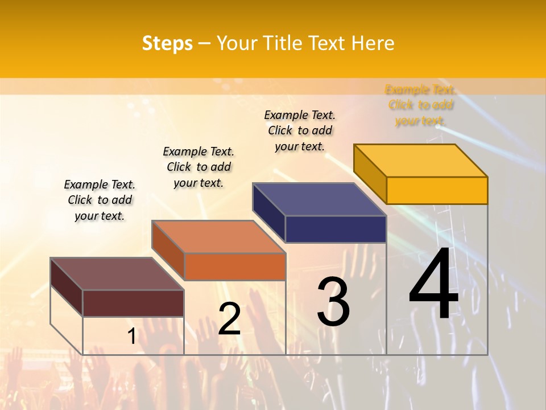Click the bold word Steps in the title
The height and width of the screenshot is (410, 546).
pyautogui.click(x=167, y=43)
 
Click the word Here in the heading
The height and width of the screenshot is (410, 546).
pyautogui.click(x=373, y=43)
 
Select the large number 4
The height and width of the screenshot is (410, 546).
pyautogui.click(x=433, y=285)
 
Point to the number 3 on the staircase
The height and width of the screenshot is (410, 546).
pyautogui.click(x=333, y=302)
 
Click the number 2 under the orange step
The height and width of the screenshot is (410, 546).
pyautogui.click(x=229, y=319)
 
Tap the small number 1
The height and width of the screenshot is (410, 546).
pyautogui.click(x=131, y=337)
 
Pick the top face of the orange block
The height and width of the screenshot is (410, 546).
pyautogui.click(x=218, y=237)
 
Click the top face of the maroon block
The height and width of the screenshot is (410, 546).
pyautogui.click(x=117, y=274)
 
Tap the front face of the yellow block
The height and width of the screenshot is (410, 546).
pyautogui.click(x=437, y=190)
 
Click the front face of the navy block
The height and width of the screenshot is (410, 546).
pyautogui.click(x=336, y=229)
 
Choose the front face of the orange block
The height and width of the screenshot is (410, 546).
pyautogui.click(x=234, y=266)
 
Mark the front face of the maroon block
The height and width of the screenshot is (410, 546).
pyautogui.click(x=133, y=303)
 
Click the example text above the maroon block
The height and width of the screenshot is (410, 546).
pyautogui.click(x=100, y=200)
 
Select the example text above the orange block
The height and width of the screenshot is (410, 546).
pyautogui.click(x=198, y=167)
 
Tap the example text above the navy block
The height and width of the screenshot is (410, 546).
pyautogui.click(x=300, y=130)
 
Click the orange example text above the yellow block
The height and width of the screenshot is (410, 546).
pyautogui.click(x=420, y=105)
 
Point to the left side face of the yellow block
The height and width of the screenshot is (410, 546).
pyautogui.click(x=370, y=174)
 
